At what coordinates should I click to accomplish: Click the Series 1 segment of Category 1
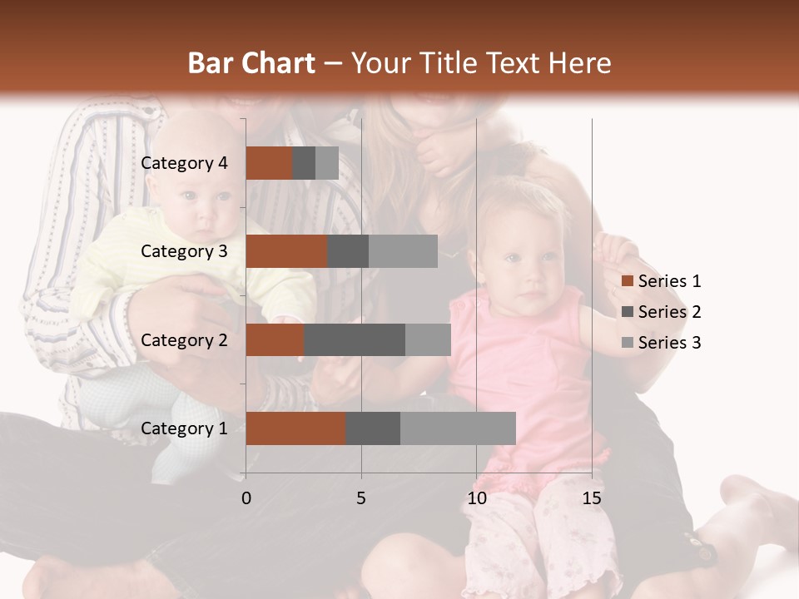[x=295, y=428]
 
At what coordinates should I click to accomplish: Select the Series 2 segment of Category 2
[x=355, y=339]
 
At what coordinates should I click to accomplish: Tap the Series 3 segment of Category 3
[x=403, y=251]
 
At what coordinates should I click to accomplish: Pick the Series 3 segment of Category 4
[x=327, y=163]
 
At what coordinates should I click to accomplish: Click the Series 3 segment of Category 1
[x=458, y=428]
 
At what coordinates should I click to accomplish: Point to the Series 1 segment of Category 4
[x=269, y=163]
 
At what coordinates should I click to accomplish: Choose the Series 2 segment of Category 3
[x=348, y=251]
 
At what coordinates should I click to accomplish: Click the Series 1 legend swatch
[x=628, y=281]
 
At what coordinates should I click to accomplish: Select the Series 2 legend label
[x=669, y=312]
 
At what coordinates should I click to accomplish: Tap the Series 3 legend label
[x=669, y=343]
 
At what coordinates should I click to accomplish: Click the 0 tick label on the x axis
[x=246, y=498]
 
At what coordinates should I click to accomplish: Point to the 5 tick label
[x=361, y=498]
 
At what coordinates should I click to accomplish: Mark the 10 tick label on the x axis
[x=476, y=498]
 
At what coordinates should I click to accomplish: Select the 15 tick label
[x=592, y=498]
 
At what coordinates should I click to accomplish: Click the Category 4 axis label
[x=184, y=163]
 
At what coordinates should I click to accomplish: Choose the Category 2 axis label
[x=184, y=339]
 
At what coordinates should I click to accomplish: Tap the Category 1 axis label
[x=184, y=428]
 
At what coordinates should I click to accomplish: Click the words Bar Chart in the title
[x=251, y=62]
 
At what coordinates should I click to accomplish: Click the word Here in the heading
[x=579, y=62]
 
